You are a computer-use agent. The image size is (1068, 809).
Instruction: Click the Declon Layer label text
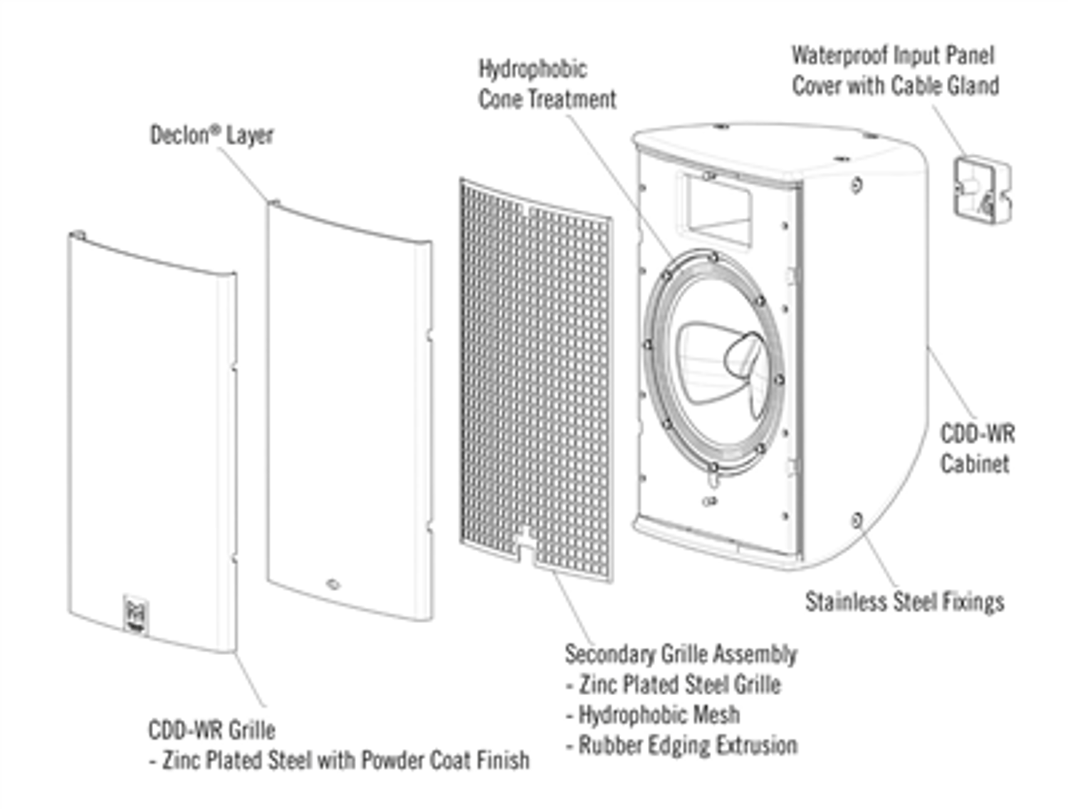click(211, 135)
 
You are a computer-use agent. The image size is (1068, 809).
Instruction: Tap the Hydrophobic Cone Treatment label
click(547, 84)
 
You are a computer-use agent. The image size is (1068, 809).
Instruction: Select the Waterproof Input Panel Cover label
click(895, 71)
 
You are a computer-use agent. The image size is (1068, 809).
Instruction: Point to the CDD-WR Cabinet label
click(977, 449)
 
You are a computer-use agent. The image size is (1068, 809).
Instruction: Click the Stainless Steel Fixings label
click(904, 602)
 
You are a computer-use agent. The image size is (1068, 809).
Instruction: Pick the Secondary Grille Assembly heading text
click(681, 654)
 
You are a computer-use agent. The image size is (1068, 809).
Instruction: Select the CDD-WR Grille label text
click(211, 730)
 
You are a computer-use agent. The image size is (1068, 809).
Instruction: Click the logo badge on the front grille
click(135, 615)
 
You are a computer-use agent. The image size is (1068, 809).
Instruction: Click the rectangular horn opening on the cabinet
click(718, 207)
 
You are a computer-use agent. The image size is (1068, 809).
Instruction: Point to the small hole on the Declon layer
click(333, 585)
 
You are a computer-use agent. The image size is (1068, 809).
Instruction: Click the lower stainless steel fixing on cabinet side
click(857, 520)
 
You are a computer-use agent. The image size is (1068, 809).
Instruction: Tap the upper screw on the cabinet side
click(857, 185)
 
